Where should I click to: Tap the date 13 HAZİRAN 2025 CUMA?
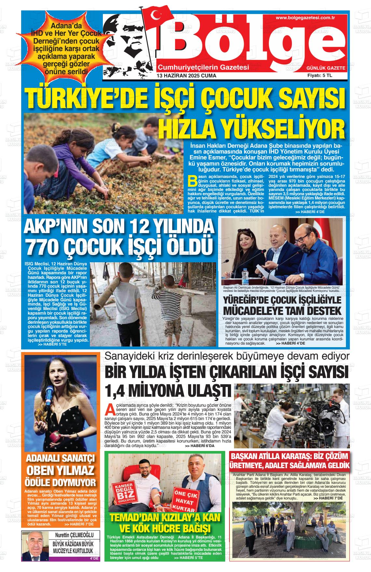pyautogui.click(x=186, y=76)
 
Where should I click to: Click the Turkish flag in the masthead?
pyautogui.click(x=159, y=18)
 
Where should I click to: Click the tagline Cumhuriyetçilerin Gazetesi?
pyautogui.click(x=203, y=67)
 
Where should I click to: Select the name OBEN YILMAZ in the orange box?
pyautogui.click(x=60, y=470)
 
